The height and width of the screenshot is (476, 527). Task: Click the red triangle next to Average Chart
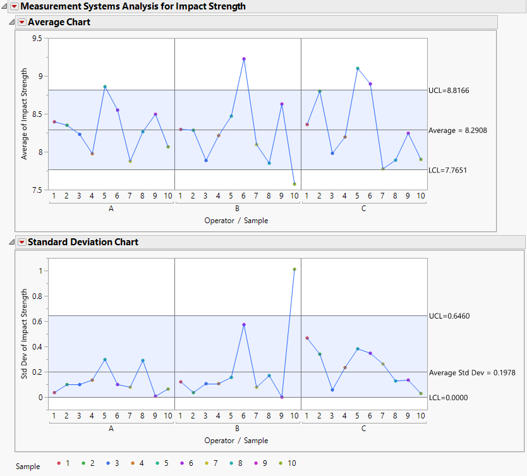21,22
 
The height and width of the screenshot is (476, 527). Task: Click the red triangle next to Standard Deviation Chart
21,242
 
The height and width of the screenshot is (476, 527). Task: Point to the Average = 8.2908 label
458,130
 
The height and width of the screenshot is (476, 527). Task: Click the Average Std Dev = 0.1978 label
472,373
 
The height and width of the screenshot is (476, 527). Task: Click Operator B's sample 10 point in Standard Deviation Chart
294,269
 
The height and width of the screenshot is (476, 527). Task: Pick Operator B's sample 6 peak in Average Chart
244,59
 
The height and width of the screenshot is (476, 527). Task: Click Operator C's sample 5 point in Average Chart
358,68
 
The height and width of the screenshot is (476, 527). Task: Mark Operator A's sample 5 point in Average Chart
105,87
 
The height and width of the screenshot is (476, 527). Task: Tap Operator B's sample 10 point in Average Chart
294,184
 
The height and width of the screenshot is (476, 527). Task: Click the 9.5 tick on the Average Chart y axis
37,39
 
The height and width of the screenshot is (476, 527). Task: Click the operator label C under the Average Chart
363,208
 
